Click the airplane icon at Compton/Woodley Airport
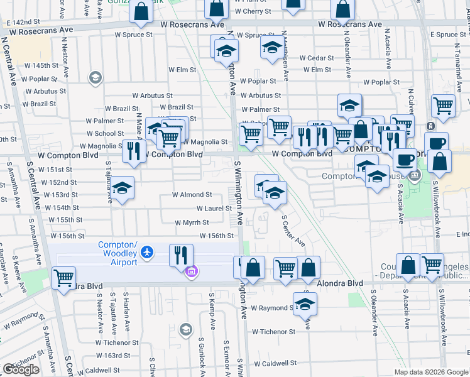click(147, 252)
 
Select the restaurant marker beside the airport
click(182, 255)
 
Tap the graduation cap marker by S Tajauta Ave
click(123, 189)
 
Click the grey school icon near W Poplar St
click(96, 77)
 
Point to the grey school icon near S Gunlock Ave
click(185, 329)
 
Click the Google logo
click(21, 369)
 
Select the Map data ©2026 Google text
click(431, 372)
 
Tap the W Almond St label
click(192, 195)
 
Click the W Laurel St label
click(214, 209)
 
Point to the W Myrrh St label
click(192, 222)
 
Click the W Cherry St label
click(253, 11)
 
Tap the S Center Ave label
click(293, 231)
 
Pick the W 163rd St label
click(121, 356)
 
